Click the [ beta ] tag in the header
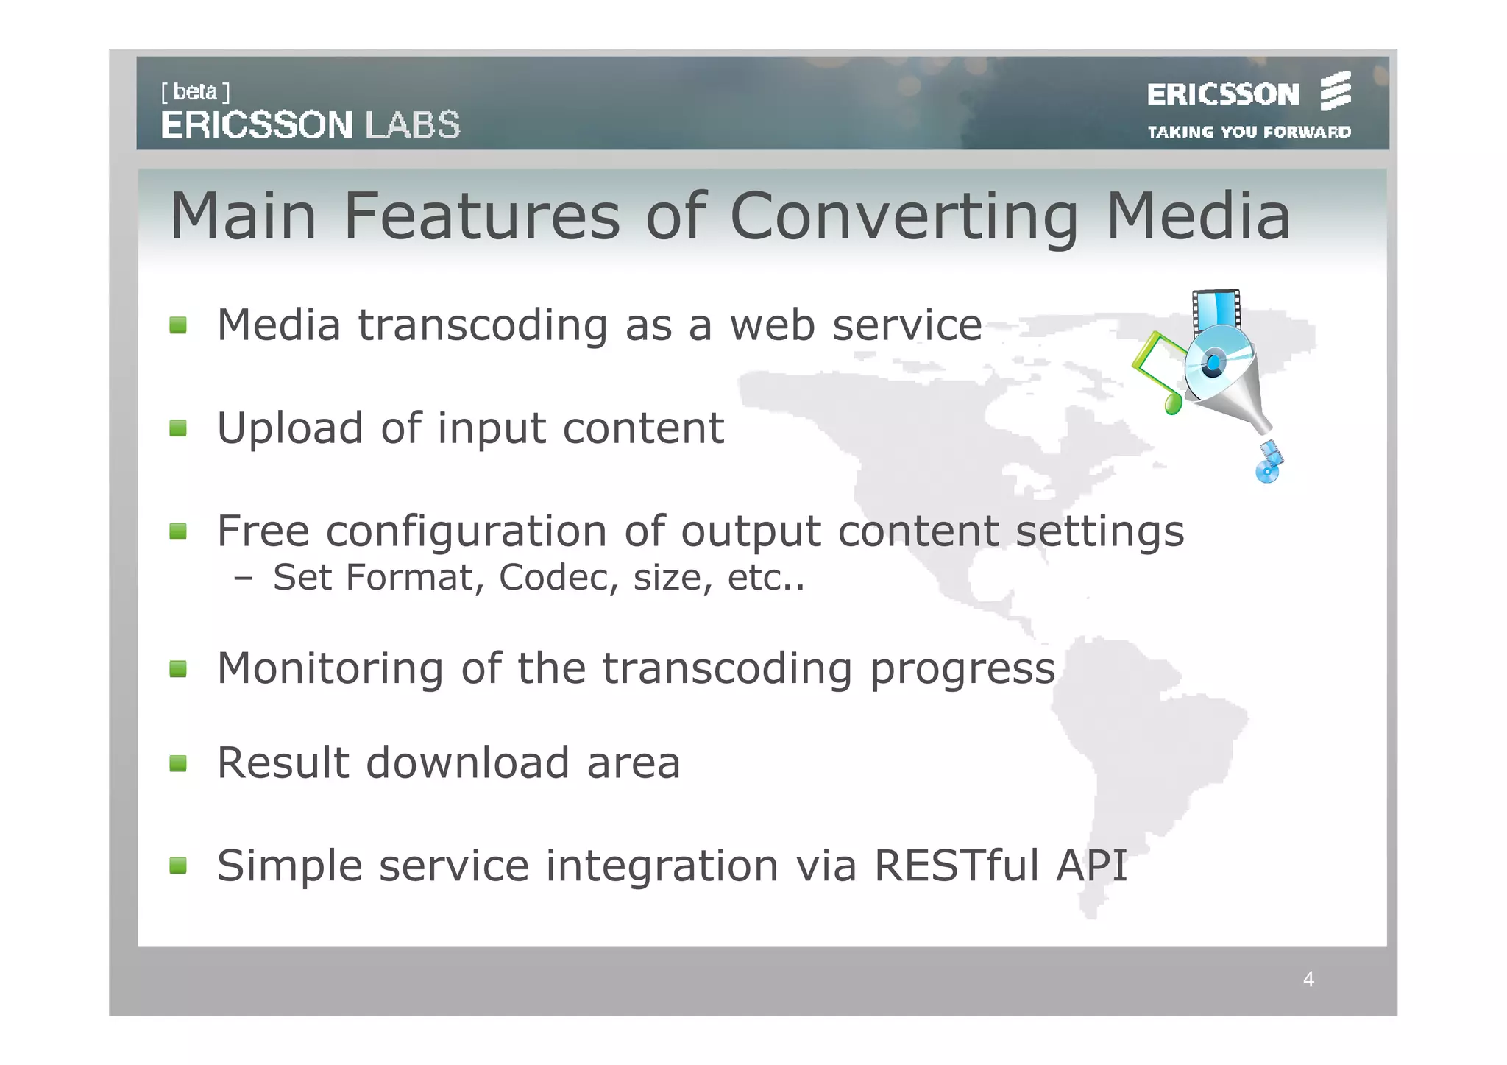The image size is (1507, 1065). pos(195,92)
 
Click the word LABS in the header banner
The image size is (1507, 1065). pos(413,125)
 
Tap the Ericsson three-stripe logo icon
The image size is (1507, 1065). pos(1335,91)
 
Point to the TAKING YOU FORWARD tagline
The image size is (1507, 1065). pos(1249,132)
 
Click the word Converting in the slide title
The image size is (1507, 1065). pos(904,217)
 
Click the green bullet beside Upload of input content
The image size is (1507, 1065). pos(178,428)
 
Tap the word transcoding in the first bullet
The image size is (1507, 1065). pos(483,325)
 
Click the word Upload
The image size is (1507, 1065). pos(290,429)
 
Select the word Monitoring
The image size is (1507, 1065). pos(330,668)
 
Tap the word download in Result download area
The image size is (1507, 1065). pos(467,763)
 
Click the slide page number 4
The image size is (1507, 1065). pos(1308,979)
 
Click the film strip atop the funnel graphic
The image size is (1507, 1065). pos(1216,309)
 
